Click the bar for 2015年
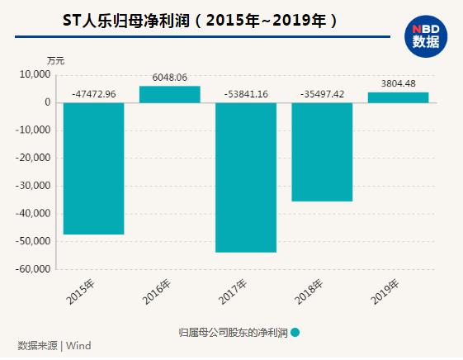[93, 168]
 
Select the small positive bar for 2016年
[169, 94]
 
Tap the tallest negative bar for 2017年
[245, 177]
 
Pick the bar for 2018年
[322, 152]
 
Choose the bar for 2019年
[398, 97]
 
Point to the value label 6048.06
[169, 77]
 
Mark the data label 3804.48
[398, 83]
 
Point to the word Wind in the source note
[78, 346]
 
